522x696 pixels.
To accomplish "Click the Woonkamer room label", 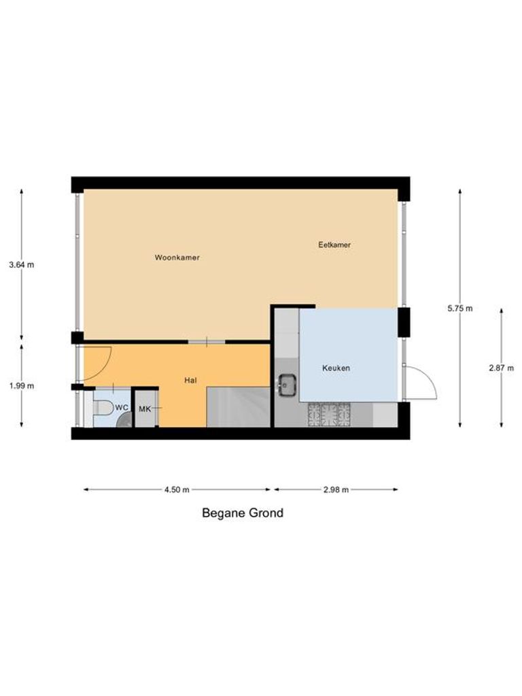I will [177, 258].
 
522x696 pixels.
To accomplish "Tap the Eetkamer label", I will [334, 245].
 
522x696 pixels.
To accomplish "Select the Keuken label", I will [336, 368].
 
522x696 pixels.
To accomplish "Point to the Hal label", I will [191, 381].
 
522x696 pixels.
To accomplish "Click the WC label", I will [122, 407].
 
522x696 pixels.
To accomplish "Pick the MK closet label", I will [145, 409].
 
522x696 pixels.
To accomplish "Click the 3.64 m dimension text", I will [21, 265].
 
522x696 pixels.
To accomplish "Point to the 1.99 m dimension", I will [21, 385].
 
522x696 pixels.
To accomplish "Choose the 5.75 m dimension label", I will [459, 308].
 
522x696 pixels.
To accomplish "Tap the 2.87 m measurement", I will [501, 368].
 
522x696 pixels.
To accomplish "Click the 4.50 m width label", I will [176, 489].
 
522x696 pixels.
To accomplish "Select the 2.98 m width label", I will [335, 489].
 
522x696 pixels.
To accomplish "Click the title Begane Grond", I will [243, 513].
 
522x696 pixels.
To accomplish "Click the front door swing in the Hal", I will [96, 364].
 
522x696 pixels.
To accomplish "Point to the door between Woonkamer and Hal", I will [206, 341].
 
